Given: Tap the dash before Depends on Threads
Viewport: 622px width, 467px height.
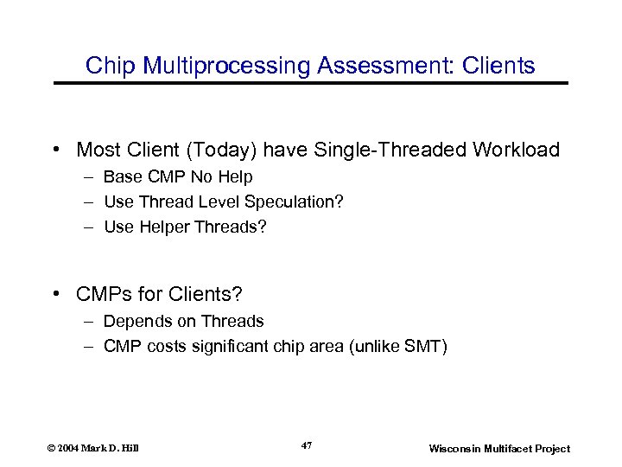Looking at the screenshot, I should [91, 322].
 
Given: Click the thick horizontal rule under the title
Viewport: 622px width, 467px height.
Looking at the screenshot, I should [311, 83].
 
